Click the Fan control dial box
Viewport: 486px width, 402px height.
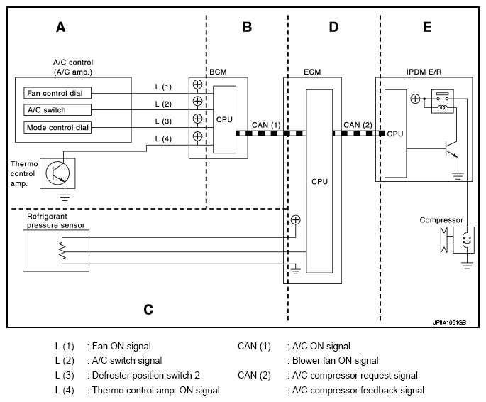pos(55,92)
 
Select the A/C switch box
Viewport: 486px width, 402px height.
pos(55,109)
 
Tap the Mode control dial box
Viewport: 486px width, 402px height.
pos(55,127)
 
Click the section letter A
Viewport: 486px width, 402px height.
pos(61,28)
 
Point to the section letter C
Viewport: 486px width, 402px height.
pos(148,310)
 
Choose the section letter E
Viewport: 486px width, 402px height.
pos(426,28)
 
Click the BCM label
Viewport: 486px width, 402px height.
pos(218,72)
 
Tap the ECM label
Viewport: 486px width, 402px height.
pos(312,72)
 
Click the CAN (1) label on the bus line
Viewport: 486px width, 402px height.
pos(267,125)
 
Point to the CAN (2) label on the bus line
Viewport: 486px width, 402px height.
pos(358,125)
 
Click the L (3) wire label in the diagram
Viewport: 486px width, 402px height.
pos(163,121)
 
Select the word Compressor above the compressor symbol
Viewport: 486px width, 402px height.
pos(441,220)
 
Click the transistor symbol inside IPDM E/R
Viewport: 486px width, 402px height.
pos(448,148)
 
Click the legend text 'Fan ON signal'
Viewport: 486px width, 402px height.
pos(118,347)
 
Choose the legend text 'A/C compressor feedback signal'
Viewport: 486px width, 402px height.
pos(355,390)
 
